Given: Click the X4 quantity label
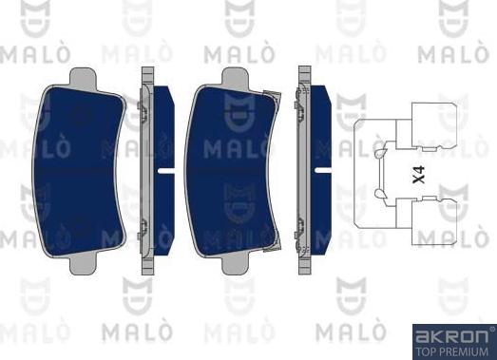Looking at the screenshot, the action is [419, 174].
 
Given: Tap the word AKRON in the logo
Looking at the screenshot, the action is [452, 336].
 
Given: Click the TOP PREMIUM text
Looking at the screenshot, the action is [452, 351].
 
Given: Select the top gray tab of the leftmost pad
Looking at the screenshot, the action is [83, 77].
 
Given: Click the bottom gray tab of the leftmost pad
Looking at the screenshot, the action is [83, 264].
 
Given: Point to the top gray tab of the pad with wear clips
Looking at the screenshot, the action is [235, 77].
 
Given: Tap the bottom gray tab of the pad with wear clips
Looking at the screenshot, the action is [235, 264].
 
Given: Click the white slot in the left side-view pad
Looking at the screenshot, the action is [166, 171].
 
